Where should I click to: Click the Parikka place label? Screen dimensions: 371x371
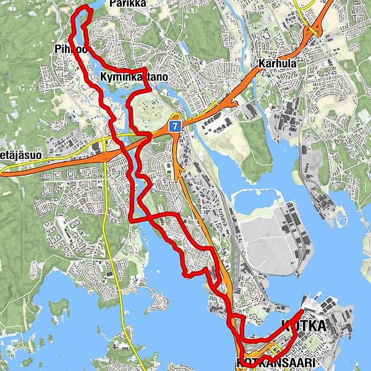pos(127,4)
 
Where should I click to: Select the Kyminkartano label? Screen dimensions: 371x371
pos(134,77)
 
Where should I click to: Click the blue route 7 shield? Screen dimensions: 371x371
pos(176,126)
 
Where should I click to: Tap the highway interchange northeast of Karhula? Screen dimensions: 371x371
pos(315,28)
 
